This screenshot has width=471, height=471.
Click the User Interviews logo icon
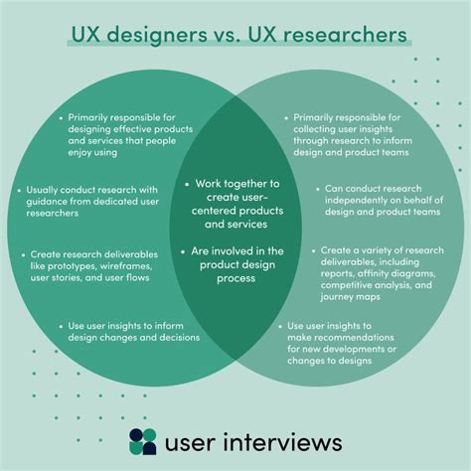coord(144,440)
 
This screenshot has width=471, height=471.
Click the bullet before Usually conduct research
coord(22,187)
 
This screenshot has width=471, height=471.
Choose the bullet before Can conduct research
coord(316,187)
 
